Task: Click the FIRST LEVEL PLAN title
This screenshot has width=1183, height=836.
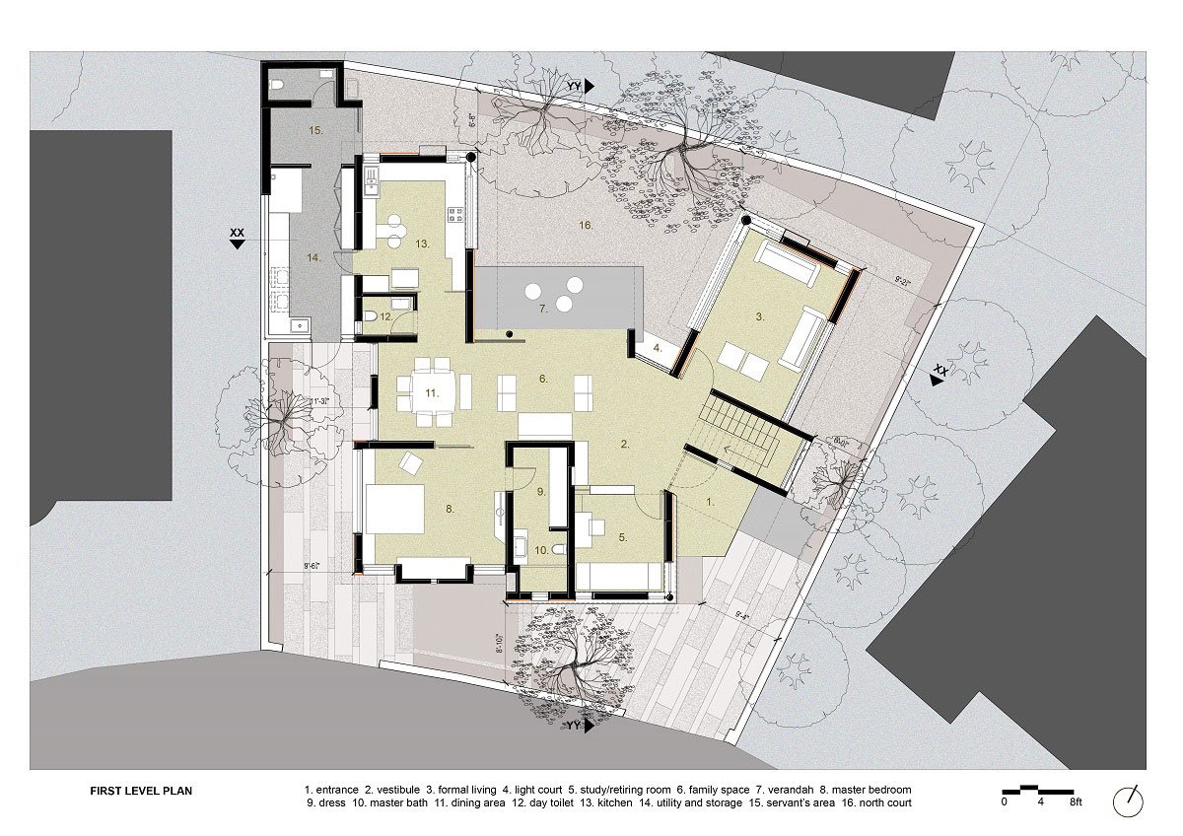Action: point(148,790)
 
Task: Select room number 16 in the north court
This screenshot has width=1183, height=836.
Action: point(586,226)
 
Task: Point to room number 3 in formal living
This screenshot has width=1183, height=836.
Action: point(760,316)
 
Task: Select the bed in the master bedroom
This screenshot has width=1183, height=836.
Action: point(394,509)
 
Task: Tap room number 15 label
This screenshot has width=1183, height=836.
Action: point(315,130)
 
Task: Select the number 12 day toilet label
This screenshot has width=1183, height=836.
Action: point(386,317)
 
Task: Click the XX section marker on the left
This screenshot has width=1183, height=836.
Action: point(237,239)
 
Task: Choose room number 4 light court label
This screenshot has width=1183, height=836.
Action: point(657,348)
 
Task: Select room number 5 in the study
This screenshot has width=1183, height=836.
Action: point(623,537)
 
